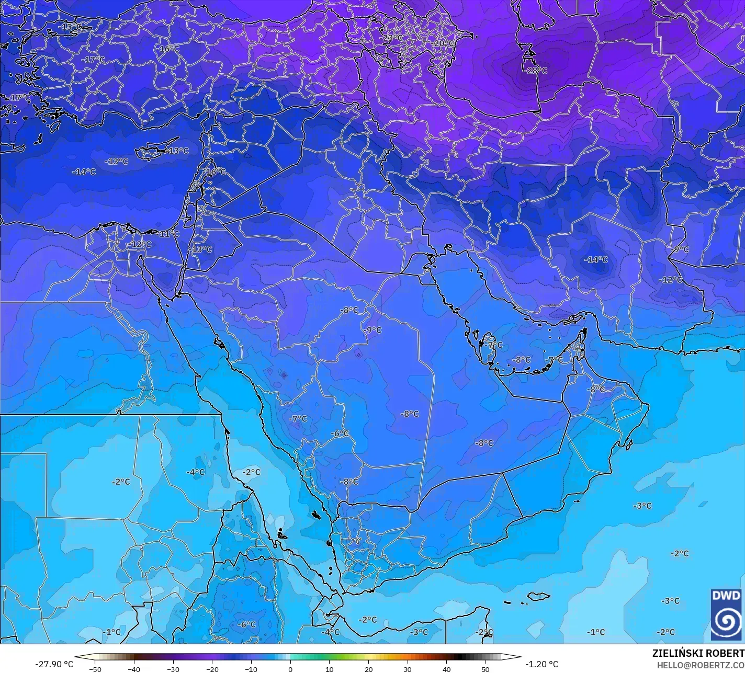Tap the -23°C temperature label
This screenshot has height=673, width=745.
pos(391,38)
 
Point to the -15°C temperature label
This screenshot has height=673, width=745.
pos(71,27)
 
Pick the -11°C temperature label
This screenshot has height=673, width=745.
pos(168,234)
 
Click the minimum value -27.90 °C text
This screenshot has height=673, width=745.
pos(54,664)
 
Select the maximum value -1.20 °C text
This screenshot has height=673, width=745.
pos(541,664)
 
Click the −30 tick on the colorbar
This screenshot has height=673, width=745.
pos(173,669)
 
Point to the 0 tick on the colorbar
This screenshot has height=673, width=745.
pos(290,669)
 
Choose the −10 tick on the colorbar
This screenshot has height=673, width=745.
pos(251,669)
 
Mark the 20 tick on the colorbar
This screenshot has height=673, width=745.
pos(368,669)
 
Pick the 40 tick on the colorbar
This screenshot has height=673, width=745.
pos(446,669)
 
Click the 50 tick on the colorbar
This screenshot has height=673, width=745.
pos(486,669)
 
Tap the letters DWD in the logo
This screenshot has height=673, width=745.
pos(726,596)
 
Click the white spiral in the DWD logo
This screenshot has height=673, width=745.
pos(726,621)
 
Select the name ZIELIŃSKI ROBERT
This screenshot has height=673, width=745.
pos(698,654)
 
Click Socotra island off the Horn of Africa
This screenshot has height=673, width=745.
pos(538,596)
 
